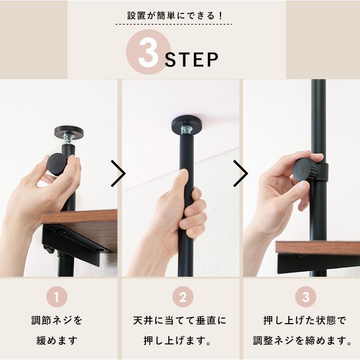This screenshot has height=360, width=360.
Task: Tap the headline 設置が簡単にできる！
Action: pos(175,15)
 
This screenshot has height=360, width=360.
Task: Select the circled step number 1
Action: pos(58,297)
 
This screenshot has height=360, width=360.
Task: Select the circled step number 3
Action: pos(306,297)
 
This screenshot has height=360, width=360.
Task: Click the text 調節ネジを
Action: pos(57,321)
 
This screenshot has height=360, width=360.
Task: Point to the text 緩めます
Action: pos(57,340)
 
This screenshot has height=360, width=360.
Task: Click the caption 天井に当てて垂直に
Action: pos(180,321)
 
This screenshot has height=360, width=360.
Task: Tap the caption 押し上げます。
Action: pos(180,340)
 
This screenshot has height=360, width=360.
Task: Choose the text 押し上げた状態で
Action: pos(306,321)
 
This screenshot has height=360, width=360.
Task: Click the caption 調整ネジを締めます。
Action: pos(303,340)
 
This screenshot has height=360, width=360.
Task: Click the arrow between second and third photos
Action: pos(240,173)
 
